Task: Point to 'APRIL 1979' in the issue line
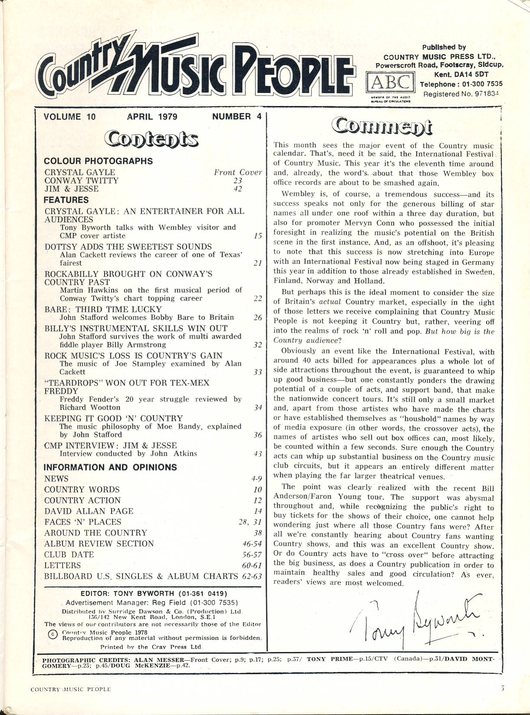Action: coord(152,116)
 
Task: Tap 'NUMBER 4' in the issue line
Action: coord(237,116)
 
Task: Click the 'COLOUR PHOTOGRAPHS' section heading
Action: coord(98,161)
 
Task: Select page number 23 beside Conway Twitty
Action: coord(238,181)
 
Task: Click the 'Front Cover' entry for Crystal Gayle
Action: coord(238,172)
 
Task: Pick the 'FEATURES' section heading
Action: coord(66,200)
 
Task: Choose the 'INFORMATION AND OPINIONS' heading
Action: coord(111,467)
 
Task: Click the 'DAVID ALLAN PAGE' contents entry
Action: coord(89,511)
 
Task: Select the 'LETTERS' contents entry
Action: coord(62,566)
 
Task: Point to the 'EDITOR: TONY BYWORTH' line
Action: coord(154,594)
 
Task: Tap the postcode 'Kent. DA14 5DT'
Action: coord(452,75)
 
